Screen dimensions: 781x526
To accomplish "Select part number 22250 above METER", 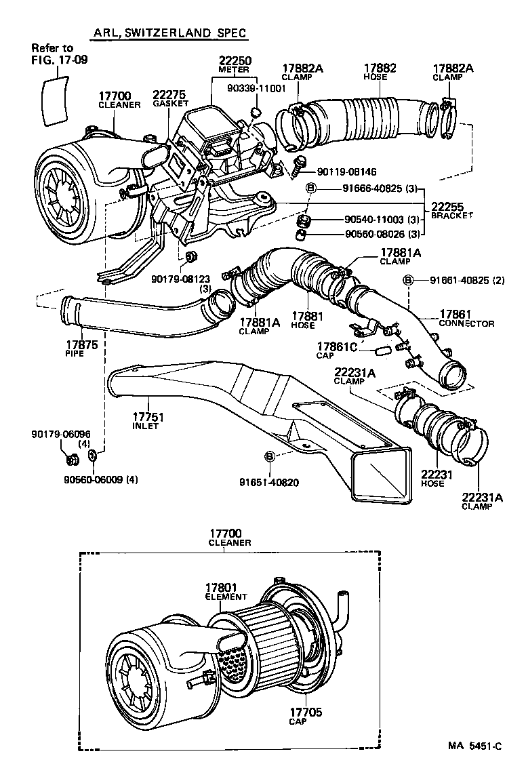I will (234, 60).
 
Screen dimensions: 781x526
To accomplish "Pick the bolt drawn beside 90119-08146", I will (300, 163).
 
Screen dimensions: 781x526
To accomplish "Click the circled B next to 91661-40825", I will (408, 280).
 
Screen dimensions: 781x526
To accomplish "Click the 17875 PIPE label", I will (81, 348).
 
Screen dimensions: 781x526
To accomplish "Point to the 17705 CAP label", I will (306, 716).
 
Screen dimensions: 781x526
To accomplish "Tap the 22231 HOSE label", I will (432, 479).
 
